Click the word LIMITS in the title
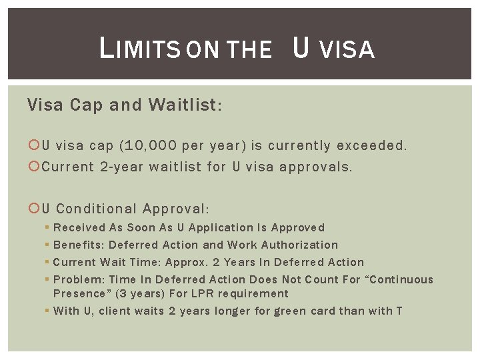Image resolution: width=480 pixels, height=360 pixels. [x=141, y=49]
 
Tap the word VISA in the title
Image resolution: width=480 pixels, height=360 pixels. [x=347, y=49]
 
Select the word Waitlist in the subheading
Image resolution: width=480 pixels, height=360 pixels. [x=185, y=105]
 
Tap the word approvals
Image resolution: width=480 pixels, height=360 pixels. [x=319, y=167]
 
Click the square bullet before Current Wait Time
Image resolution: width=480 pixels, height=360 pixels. [x=47, y=263]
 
